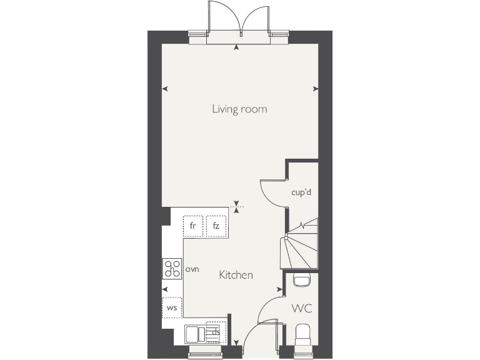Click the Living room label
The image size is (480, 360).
239,109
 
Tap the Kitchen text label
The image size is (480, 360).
236,275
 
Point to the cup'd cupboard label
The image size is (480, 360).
301,192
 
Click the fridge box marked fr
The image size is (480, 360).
193,226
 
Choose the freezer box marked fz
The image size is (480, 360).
216,226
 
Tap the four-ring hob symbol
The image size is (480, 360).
172,269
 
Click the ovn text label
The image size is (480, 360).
192,269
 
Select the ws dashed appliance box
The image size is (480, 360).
172,307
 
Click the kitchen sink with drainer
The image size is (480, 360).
203,333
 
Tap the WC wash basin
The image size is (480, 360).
302,279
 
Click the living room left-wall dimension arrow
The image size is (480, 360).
165,89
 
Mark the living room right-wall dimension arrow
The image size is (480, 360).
316,89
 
